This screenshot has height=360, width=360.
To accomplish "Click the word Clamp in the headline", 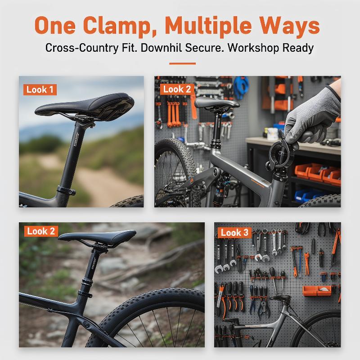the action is point(120,26).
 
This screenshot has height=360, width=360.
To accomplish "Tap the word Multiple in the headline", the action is point(208,26).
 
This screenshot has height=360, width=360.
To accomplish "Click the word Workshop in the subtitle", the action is point(253,48).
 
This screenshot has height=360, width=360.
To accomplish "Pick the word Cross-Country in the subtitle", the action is point(82,48).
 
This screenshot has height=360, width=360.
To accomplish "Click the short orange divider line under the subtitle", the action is point(183,63).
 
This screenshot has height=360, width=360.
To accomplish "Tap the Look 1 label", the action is point(40,90).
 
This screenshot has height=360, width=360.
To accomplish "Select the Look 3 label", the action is point(234,233).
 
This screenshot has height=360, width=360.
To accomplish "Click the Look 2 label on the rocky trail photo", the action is point(41,231).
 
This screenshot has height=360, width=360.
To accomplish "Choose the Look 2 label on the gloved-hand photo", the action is point(177,89).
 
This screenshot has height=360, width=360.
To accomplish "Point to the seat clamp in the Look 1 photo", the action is point(66,190).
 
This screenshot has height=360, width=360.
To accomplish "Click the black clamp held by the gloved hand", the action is point(281,154).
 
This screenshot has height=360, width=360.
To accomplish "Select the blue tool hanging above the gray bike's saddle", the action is point(241,87).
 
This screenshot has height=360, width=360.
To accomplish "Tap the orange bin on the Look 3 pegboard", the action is point(317,291).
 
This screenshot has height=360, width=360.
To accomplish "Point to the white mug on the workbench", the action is point(273,134).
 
